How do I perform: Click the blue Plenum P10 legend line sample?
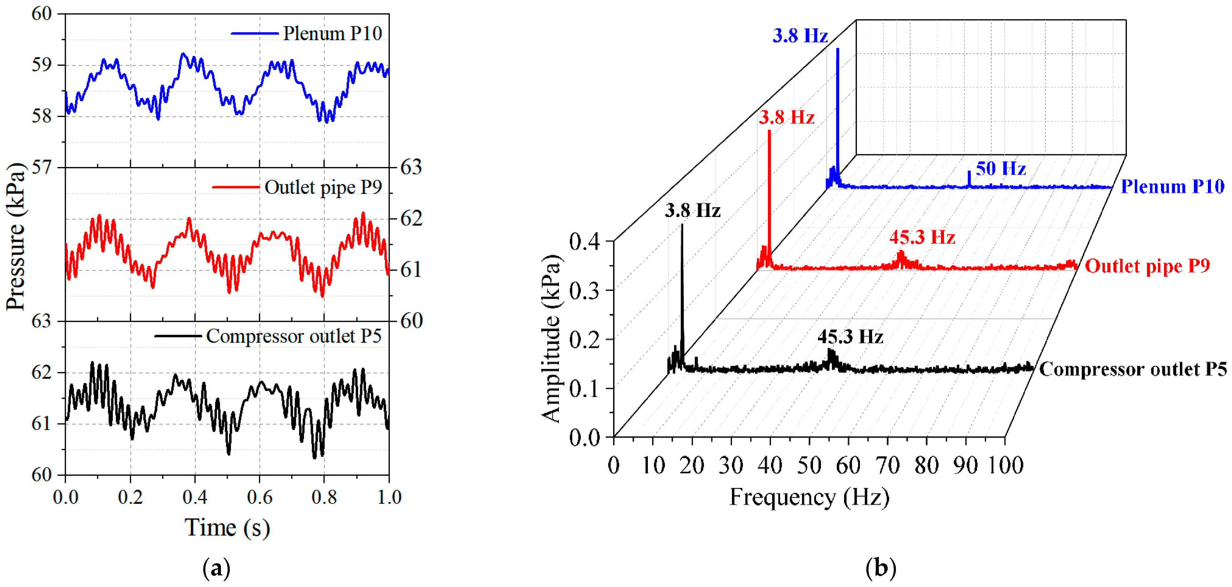254,34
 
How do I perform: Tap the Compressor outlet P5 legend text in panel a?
294,336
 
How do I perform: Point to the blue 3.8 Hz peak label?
800,36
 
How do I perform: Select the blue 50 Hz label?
1000,169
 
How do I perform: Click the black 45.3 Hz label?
850,337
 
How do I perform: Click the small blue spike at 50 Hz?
969,178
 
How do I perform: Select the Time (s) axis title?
227,528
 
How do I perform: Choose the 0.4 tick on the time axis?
195,497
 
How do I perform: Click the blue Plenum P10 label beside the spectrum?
1172,187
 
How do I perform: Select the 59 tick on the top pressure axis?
42,65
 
